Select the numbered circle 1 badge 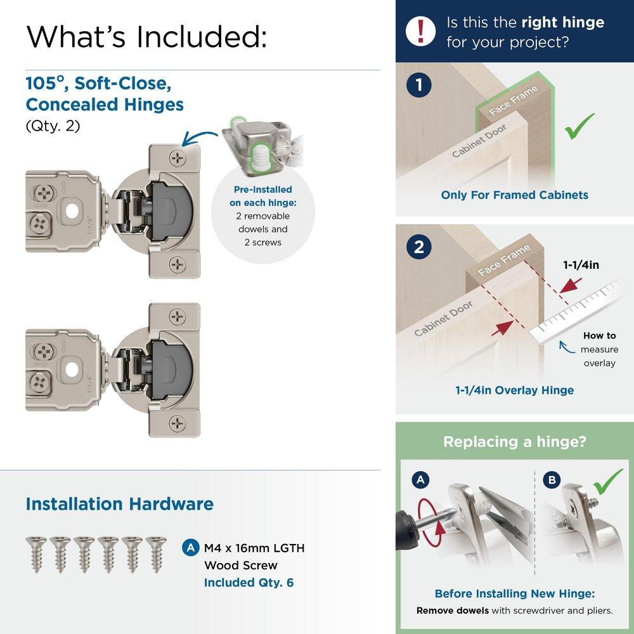(x=419, y=86)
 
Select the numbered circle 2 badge (x=419, y=247)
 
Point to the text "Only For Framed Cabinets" (x=514, y=195)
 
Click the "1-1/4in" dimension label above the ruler (x=580, y=265)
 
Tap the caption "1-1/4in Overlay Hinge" (x=514, y=390)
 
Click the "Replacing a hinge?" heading (x=514, y=441)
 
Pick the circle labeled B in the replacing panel (x=552, y=480)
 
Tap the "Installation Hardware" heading (x=119, y=504)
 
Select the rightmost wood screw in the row (x=154, y=553)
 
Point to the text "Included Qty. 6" (x=249, y=582)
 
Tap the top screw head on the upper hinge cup (x=177, y=156)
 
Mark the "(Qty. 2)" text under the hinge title (x=53, y=126)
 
